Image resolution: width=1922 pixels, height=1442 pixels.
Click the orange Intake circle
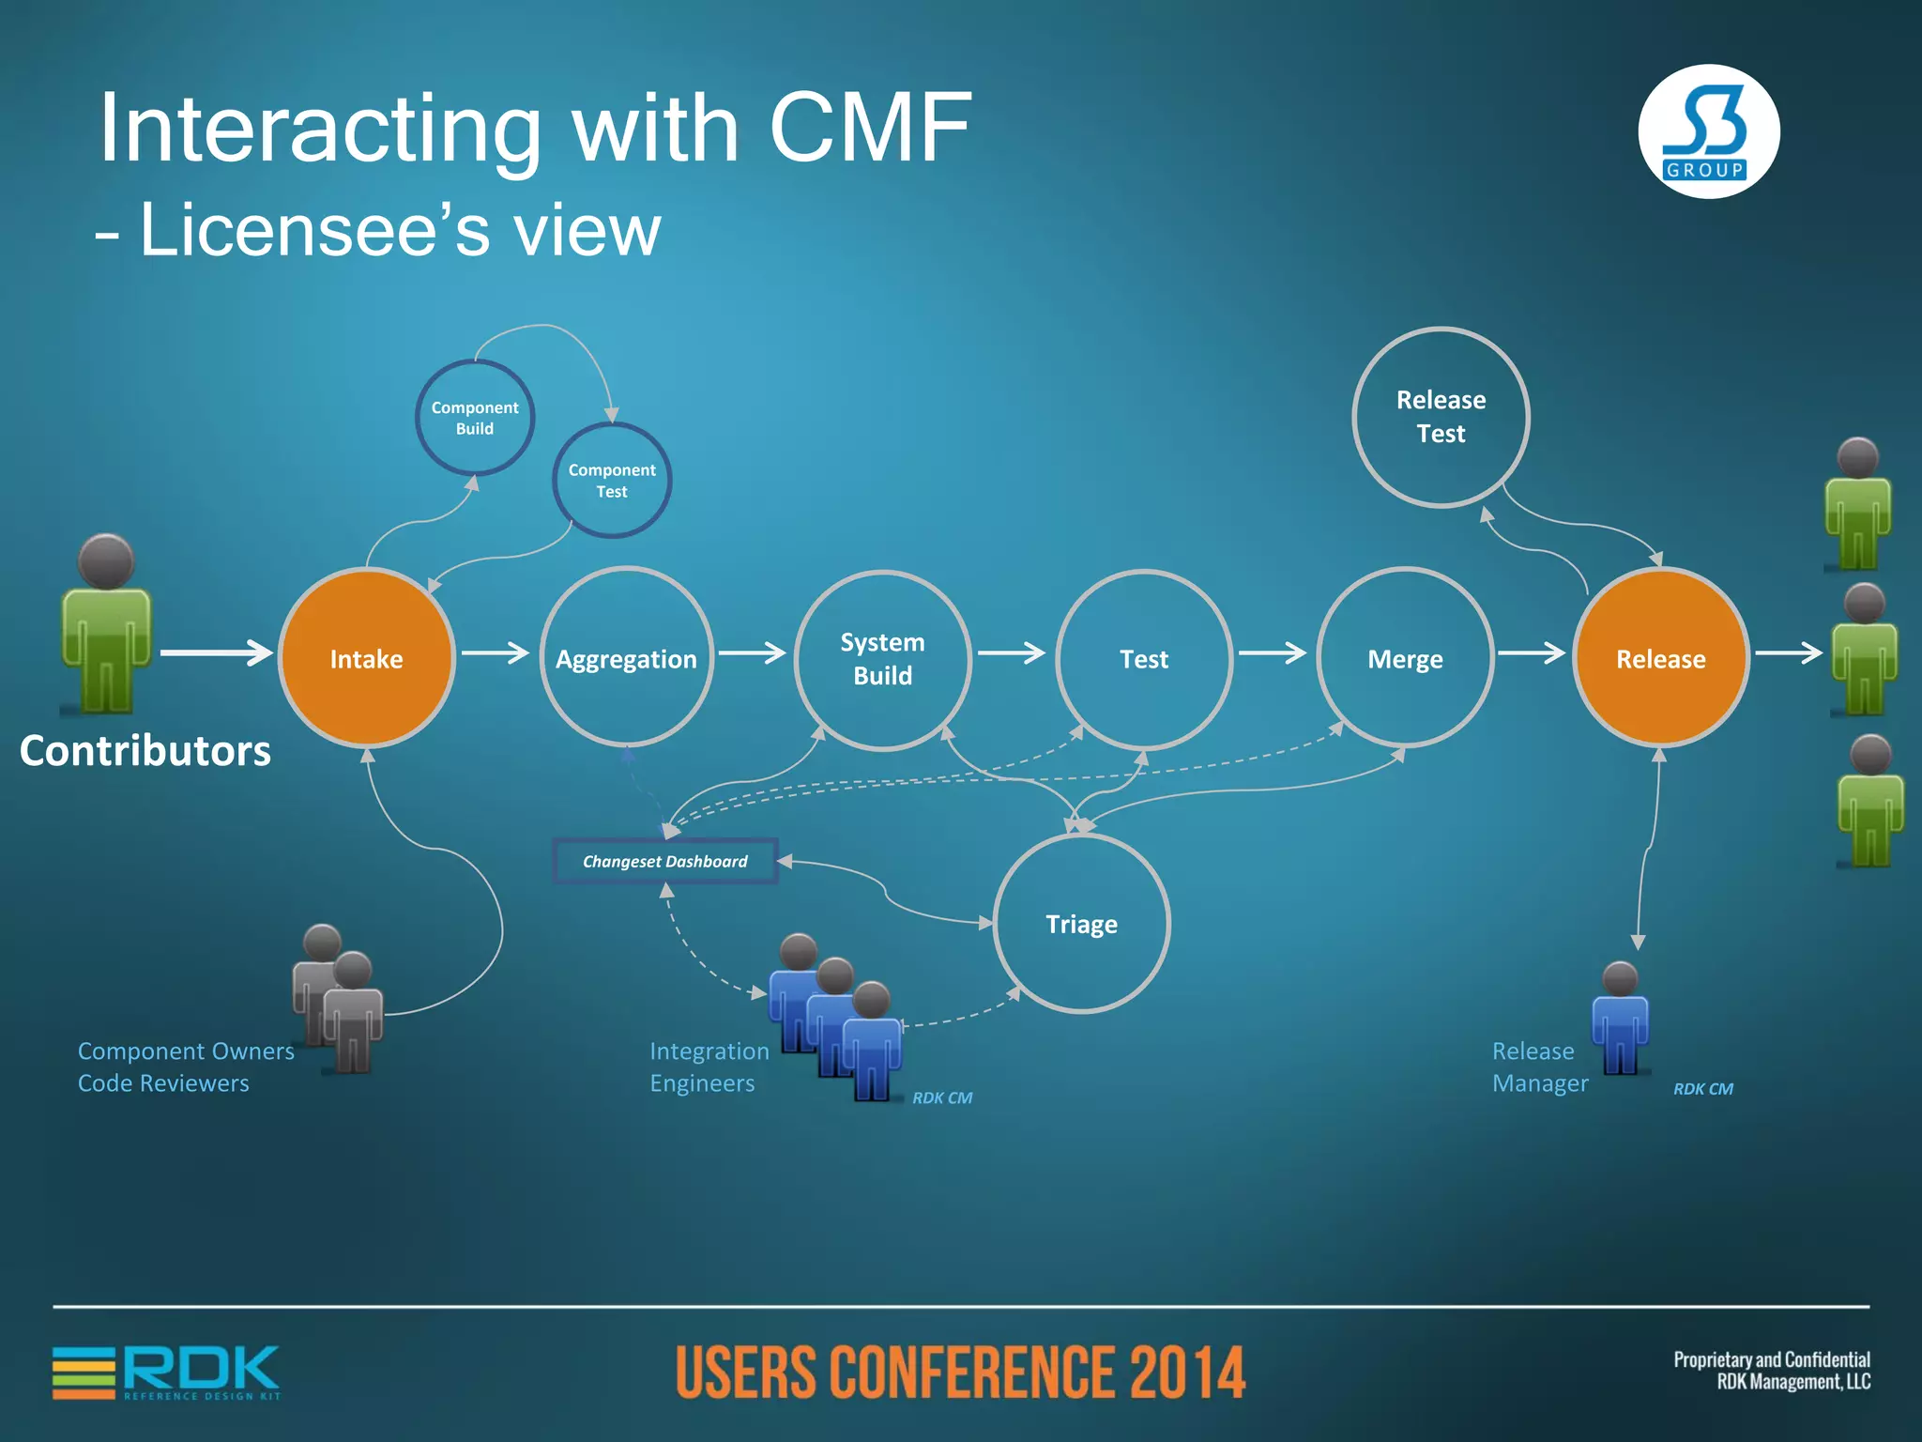[x=366, y=658]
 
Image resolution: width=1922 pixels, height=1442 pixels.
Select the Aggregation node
[x=626, y=658]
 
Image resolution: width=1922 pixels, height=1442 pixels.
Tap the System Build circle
[x=882, y=660]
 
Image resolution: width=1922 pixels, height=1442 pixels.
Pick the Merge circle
[x=1405, y=658]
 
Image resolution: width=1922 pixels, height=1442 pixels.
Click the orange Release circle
[x=1660, y=658]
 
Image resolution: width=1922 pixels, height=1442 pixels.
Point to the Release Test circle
[x=1441, y=417]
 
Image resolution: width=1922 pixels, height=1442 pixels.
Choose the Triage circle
[x=1081, y=924]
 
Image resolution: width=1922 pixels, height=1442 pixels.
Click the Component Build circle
[x=475, y=418]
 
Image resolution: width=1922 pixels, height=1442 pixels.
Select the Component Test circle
[x=612, y=481]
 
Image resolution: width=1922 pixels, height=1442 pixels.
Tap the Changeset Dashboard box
[x=665, y=861]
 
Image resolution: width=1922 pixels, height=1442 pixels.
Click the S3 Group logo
[x=1708, y=131]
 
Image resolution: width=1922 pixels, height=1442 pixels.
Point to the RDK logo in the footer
[x=167, y=1372]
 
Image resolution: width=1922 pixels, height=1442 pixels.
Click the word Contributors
[x=145, y=750]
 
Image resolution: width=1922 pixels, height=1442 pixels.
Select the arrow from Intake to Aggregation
[x=496, y=653]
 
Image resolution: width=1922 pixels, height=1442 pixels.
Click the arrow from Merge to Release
[x=1532, y=653]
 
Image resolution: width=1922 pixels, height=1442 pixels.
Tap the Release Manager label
[x=1539, y=1067]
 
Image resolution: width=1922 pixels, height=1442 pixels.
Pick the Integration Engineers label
[x=709, y=1067]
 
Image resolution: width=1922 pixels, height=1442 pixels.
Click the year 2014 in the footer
[x=1187, y=1373]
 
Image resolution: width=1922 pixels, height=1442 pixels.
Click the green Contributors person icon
[x=106, y=624]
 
